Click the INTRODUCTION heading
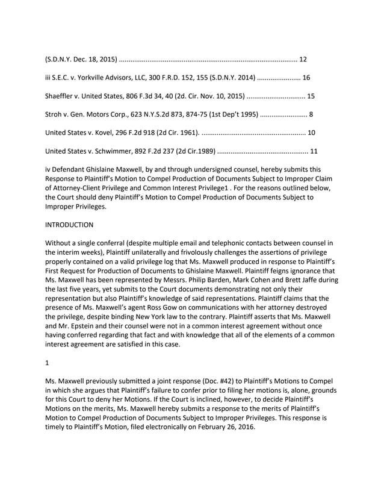click(x=69, y=225)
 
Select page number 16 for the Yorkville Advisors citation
click(x=306, y=78)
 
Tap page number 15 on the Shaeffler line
click(x=311, y=96)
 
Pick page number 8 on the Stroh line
click(x=311, y=114)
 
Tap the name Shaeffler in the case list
click(x=63, y=96)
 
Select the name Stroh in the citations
click(x=55, y=114)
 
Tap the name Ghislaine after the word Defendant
click(x=110, y=169)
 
